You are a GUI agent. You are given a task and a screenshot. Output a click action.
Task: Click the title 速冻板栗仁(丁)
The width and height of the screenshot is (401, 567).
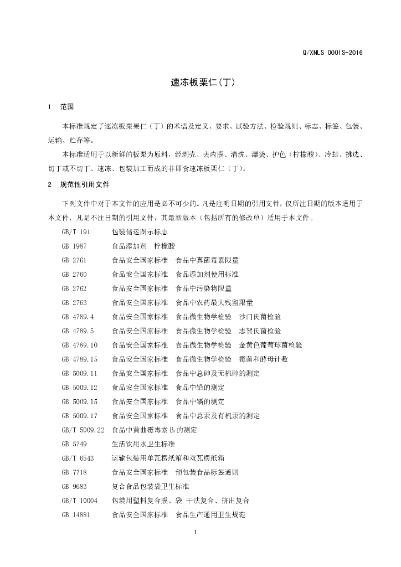click(203, 82)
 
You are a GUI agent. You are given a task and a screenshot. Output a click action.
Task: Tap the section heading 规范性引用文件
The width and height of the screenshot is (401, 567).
click(85, 184)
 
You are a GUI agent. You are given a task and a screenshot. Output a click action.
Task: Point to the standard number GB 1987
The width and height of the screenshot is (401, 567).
click(74, 245)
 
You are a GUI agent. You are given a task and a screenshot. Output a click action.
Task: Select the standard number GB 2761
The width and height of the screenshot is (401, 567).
click(74, 259)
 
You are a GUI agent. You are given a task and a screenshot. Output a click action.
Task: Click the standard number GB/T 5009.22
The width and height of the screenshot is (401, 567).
click(83, 430)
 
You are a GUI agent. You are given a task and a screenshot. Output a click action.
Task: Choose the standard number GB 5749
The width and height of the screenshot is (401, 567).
click(74, 444)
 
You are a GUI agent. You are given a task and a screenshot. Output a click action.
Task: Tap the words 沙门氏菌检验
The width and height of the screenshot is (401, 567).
click(260, 316)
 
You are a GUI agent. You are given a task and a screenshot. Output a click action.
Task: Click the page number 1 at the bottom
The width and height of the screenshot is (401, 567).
click(196, 533)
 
